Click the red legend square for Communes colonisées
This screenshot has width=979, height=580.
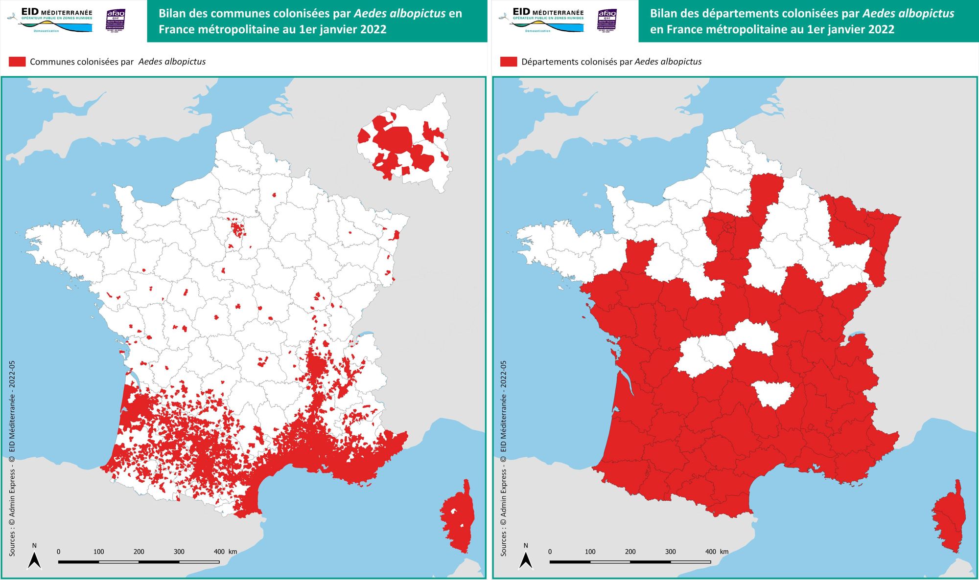[x=17, y=62]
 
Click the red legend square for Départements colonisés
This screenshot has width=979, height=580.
[x=509, y=62]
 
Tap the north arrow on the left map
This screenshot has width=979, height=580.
[x=34, y=559]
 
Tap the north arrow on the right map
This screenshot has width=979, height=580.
[x=526, y=559]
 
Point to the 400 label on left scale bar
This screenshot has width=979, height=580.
[x=219, y=552]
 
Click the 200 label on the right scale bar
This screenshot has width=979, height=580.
[x=630, y=552]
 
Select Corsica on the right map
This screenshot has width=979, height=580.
[x=950, y=518]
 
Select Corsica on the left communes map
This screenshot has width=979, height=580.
[x=458, y=518]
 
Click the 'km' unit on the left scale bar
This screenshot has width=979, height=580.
[x=233, y=552]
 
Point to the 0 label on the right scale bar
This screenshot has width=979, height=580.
[x=550, y=552]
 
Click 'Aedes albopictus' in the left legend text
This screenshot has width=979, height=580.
[x=172, y=62]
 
